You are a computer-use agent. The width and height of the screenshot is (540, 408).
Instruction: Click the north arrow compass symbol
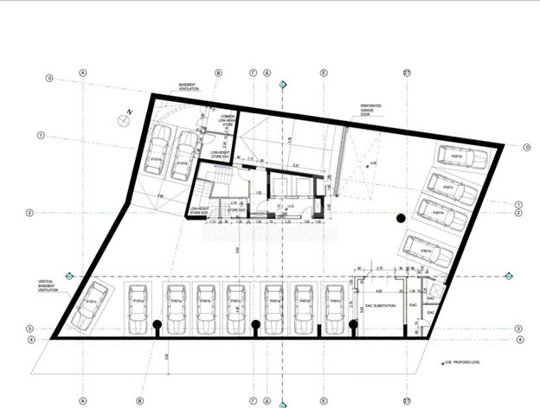pyautogui.click(x=126, y=120)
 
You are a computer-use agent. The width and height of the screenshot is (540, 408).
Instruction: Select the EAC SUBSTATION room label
pyautogui.click(x=377, y=305)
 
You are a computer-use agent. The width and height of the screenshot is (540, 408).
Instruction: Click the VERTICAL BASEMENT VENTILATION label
pyautogui.click(x=48, y=286)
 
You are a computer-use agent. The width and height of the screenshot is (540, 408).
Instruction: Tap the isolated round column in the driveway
pyautogui.click(x=401, y=219)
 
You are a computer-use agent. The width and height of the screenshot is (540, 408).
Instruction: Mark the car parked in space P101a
pyautogui.click(x=158, y=153)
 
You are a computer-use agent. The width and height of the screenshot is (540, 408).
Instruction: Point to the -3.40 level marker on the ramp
pyautogui.click(x=374, y=163)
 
